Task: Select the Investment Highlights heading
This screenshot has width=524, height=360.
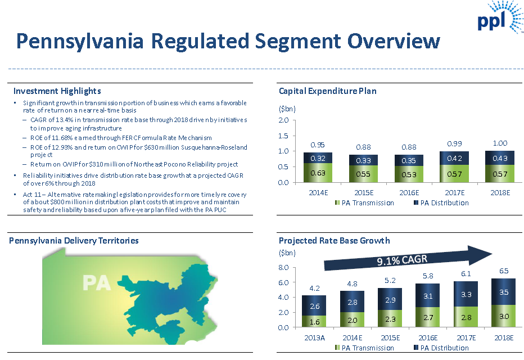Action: click(57, 91)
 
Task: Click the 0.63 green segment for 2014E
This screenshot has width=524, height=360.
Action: click(317, 173)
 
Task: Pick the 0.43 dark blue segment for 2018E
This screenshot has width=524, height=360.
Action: click(500, 158)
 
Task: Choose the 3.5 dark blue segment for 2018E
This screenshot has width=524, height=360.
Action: click(503, 292)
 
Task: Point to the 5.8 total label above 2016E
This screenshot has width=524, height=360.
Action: click(428, 276)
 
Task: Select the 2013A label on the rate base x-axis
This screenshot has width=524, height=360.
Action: click(315, 337)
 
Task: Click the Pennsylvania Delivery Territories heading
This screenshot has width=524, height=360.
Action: click(74, 241)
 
